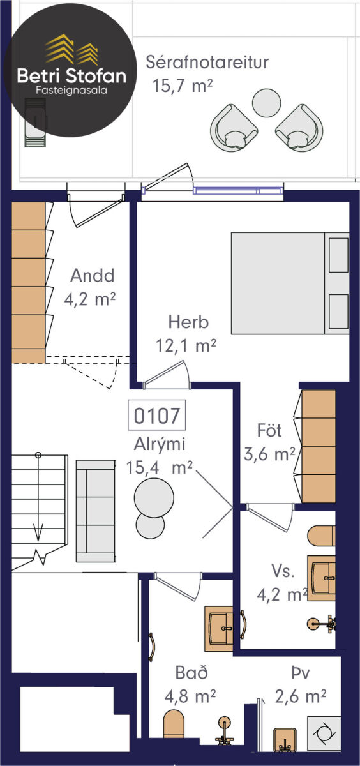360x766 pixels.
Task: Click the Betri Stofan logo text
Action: click(x=71, y=75)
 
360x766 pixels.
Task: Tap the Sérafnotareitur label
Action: click(x=207, y=63)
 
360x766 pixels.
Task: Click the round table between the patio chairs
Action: click(x=266, y=103)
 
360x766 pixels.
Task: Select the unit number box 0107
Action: click(x=156, y=415)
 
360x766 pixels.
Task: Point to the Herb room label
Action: click(x=188, y=322)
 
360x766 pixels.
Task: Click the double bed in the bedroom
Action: click(x=290, y=283)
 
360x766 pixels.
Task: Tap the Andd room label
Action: click(x=93, y=275)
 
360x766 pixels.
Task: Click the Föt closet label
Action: click(x=269, y=430)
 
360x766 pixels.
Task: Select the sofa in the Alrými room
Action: click(x=96, y=511)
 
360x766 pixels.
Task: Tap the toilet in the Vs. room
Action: click(x=321, y=535)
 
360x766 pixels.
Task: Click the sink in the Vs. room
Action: click(x=321, y=578)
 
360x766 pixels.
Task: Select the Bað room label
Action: click(x=191, y=673)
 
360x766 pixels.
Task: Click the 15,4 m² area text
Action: click(x=160, y=467)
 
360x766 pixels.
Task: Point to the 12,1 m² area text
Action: click(x=186, y=345)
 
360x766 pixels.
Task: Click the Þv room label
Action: click(x=301, y=673)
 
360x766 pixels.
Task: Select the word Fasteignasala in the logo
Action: click(x=71, y=90)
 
